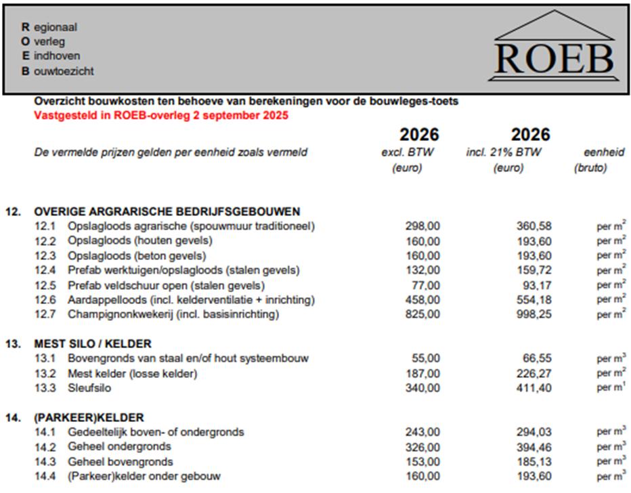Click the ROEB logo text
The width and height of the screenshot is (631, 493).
click(554, 58)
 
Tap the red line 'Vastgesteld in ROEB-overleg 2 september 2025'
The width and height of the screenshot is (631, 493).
click(161, 115)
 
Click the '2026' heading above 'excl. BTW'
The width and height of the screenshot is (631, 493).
click(418, 134)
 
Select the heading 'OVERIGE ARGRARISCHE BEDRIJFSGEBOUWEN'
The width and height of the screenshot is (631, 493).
click(167, 211)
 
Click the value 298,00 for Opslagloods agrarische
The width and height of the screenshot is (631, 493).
click(422, 226)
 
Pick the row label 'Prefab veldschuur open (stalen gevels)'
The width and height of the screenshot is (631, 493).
click(166, 285)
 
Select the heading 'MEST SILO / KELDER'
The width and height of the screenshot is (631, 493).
click(93, 343)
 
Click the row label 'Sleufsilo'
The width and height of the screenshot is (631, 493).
click(89, 388)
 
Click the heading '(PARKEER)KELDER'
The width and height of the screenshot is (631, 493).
click(89, 417)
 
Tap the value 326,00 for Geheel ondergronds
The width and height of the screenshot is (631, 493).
click(422, 447)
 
